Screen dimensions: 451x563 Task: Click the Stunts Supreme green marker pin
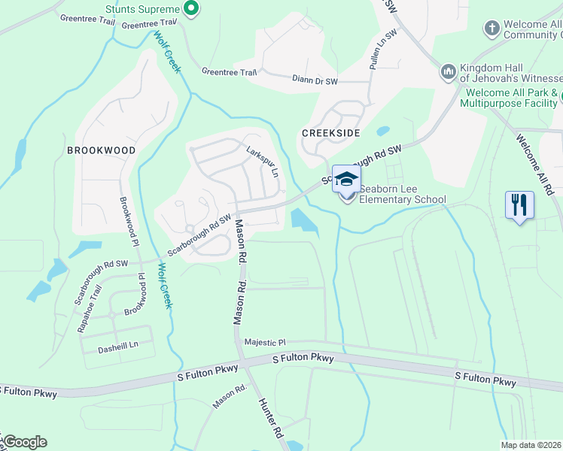pyautogui.click(x=191, y=9)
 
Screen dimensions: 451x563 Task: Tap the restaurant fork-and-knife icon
pyautogui.click(x=519, y=204)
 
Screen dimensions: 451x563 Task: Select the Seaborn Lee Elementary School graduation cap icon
pyautogui.click(x=346, y=179)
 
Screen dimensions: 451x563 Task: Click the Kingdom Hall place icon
pyautogui.click(x=448, y=71)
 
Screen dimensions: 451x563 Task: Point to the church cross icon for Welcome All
pyautogui.click(x=492, y=29)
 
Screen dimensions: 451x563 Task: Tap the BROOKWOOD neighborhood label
pyautogui.click(x=102, y=150)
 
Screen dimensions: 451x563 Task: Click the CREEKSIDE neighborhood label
pyautogui.click(x=330, y=132)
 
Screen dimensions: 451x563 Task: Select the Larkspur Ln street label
pyautogui.click(x=263, y=161)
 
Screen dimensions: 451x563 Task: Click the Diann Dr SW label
pyautogui.click(x=315, y=78)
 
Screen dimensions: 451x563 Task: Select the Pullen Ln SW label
pyautogui.click(x=382, y=51)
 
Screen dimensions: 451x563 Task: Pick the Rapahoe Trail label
pyautogui.click(x=87, y=299)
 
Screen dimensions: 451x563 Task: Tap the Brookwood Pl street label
pyautogui.click(x=127, y=222)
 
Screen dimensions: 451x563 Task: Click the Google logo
pyautogui.click(x=25, y=442)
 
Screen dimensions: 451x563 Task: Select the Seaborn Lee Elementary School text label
pyautogui.click(x=403, y=195)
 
